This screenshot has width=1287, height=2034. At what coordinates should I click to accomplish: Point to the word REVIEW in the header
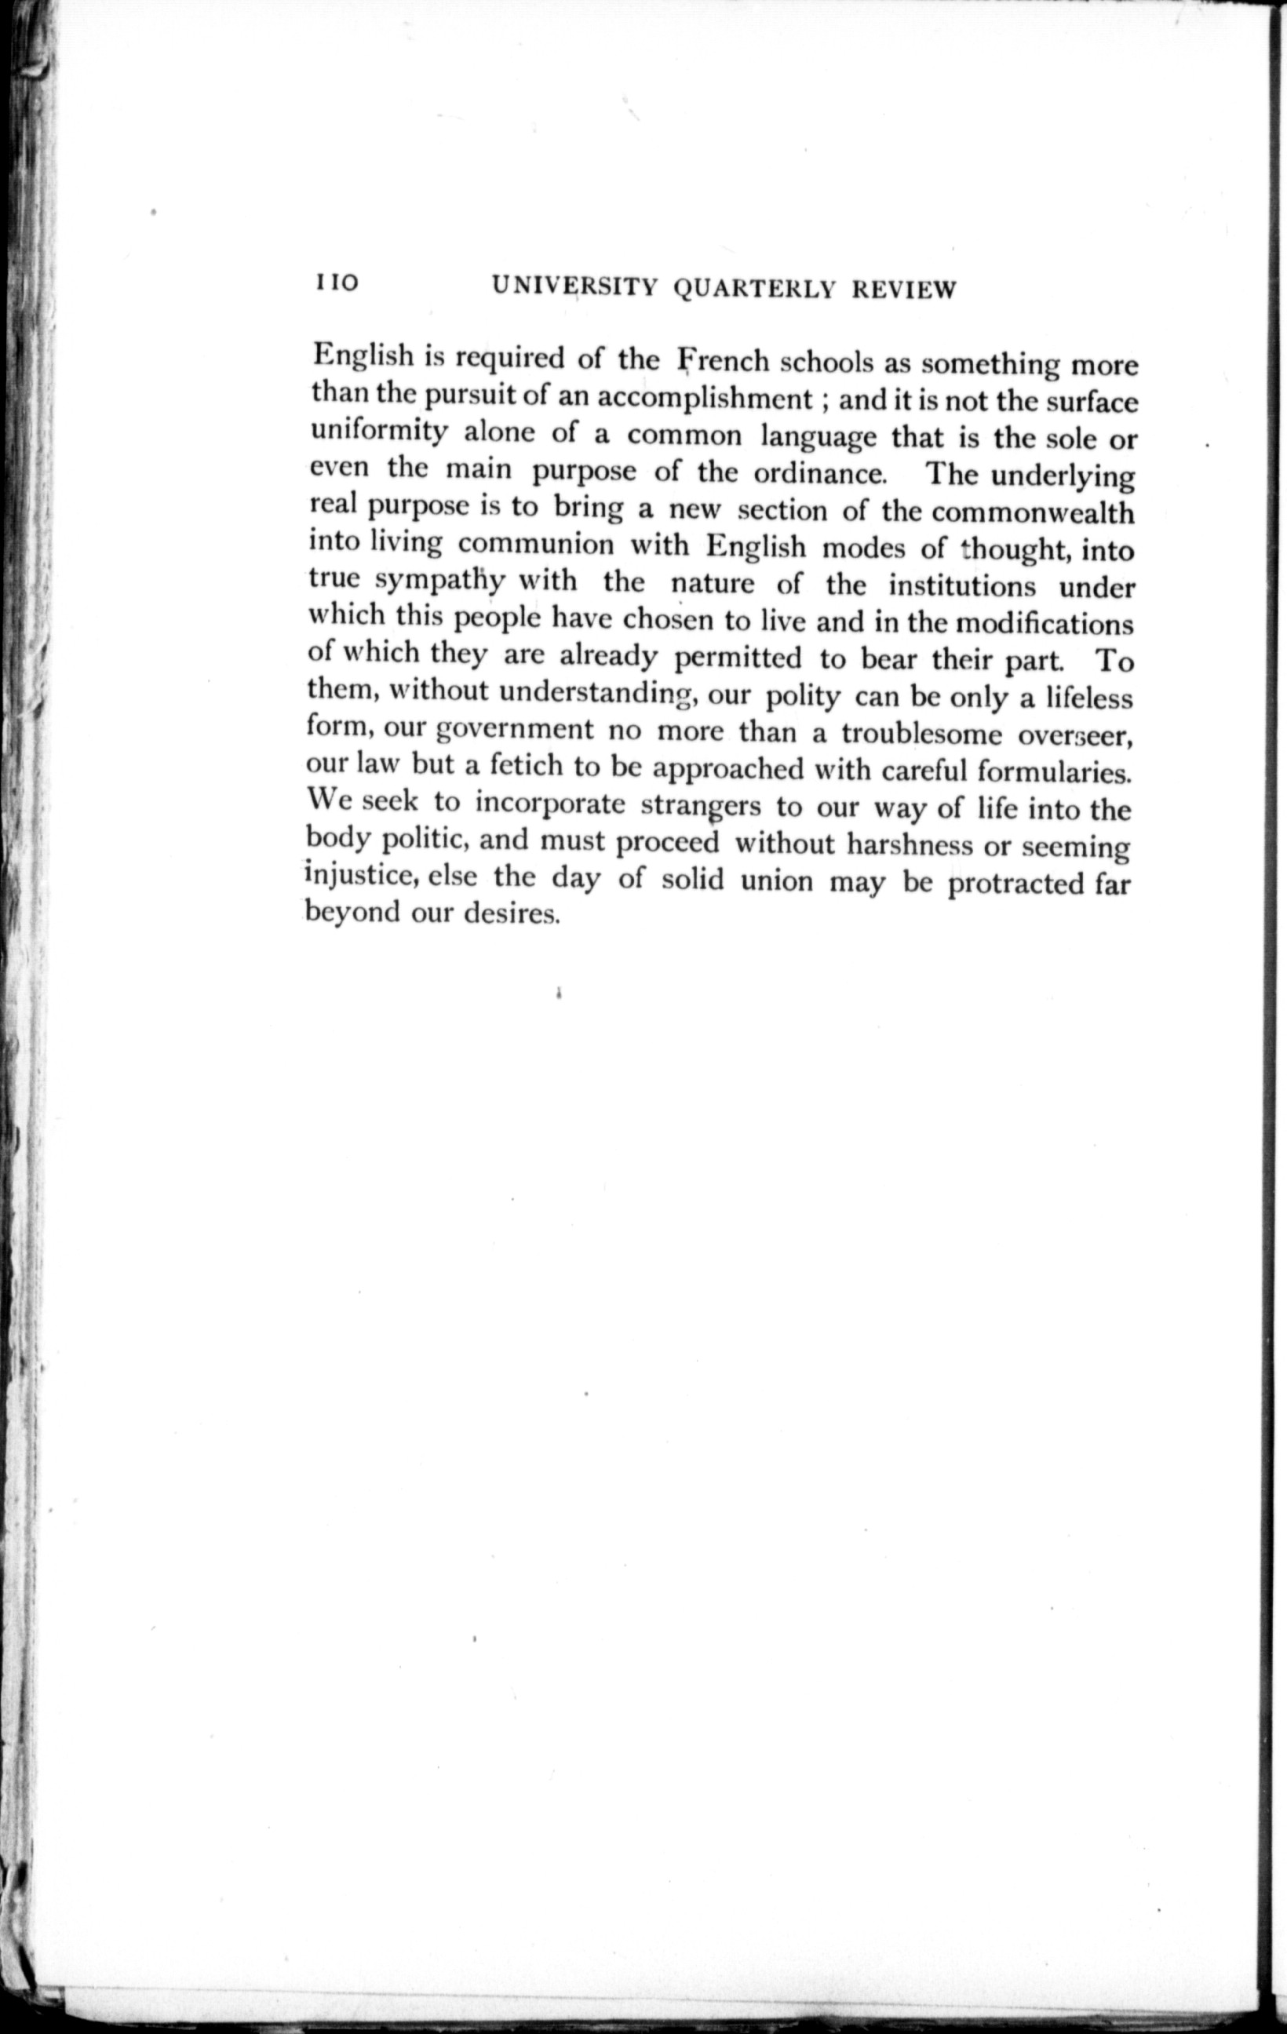click(903, 290)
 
